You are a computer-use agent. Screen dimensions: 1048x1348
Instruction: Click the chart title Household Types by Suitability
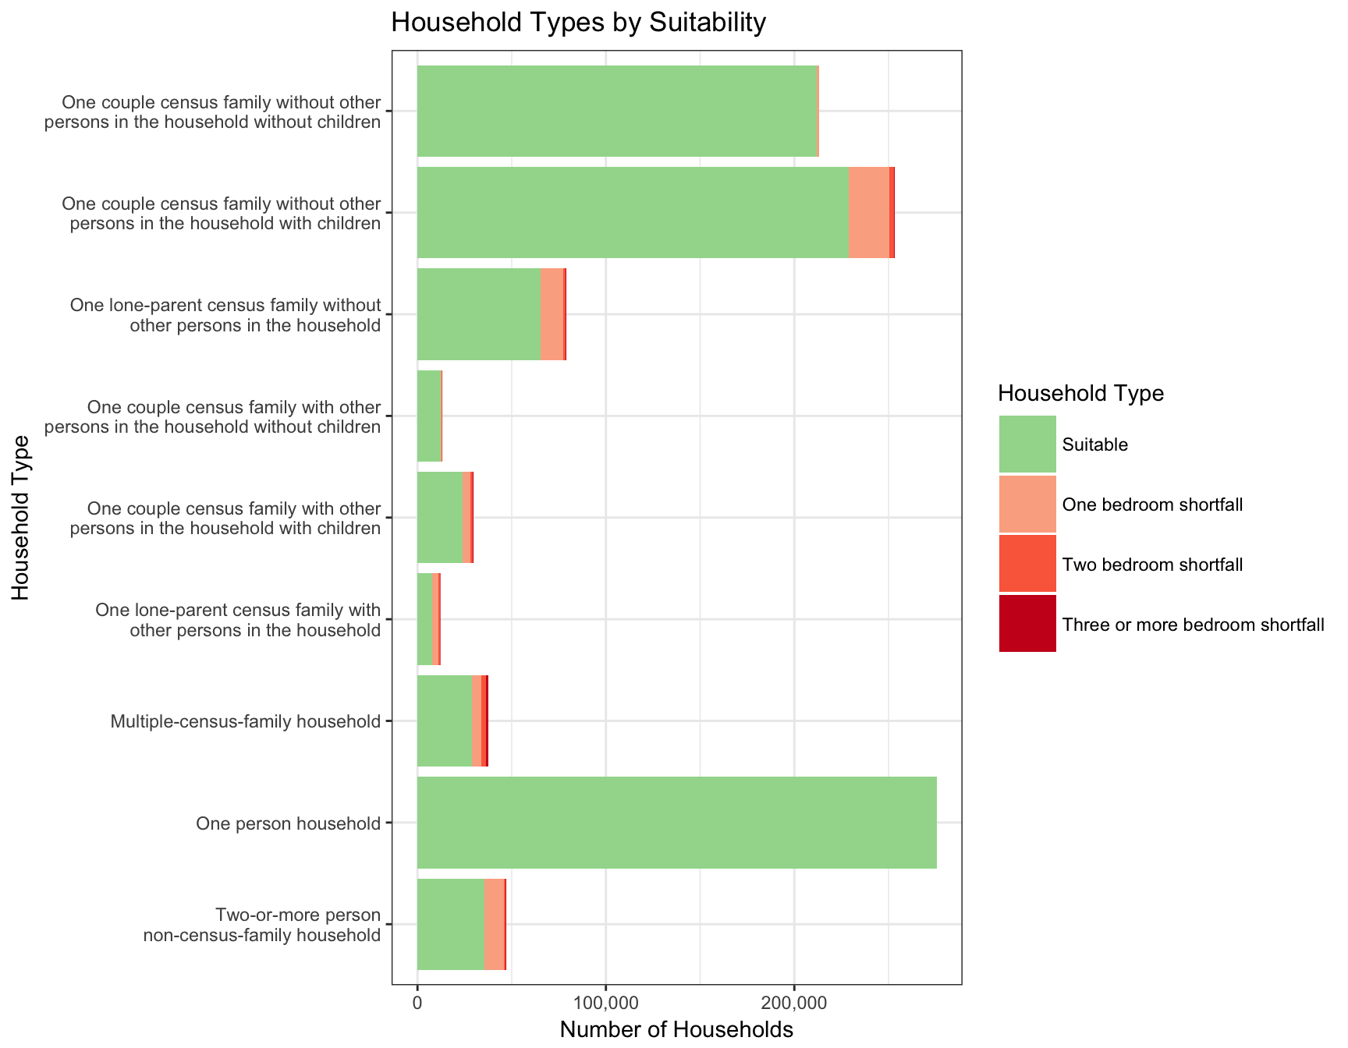coord(578,23)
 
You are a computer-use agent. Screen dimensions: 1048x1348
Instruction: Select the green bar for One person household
coord(676,823)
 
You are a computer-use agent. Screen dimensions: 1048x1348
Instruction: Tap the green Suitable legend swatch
coord(1027,444)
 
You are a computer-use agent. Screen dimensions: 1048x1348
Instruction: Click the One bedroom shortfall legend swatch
coord(1027,505)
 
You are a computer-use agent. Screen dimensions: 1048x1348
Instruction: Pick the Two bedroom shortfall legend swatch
coord(1027,565)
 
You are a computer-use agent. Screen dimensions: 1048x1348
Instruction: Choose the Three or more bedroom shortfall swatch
coord(1027,624)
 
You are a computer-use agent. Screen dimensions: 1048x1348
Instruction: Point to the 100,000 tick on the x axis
coord(605,1001)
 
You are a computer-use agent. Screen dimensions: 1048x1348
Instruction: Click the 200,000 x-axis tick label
coord(794,1001)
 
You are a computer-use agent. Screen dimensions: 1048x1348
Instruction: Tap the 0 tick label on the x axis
coord(417,1001)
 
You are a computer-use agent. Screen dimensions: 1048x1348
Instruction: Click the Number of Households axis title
coord(676,1030)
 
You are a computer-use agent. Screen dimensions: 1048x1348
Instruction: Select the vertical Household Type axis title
coord(21,518)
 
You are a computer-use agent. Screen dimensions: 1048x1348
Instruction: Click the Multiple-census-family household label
coord(245,721)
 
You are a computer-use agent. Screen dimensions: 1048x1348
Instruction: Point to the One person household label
coord(288,823)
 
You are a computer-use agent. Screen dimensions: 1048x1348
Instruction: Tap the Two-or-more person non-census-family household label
coord(262,925)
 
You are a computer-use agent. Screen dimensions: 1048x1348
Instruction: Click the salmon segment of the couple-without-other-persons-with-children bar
coord(868,212)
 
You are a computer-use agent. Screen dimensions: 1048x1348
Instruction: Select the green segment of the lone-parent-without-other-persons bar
coord(479,314)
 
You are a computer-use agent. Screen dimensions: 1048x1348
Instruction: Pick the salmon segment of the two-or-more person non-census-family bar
coord(494,924)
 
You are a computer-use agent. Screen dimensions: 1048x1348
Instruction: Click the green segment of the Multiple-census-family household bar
coord(445,720)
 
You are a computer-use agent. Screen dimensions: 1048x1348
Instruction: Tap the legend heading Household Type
coord(1080,394)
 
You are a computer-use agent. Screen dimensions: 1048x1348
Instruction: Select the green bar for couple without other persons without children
coord(617,111)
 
